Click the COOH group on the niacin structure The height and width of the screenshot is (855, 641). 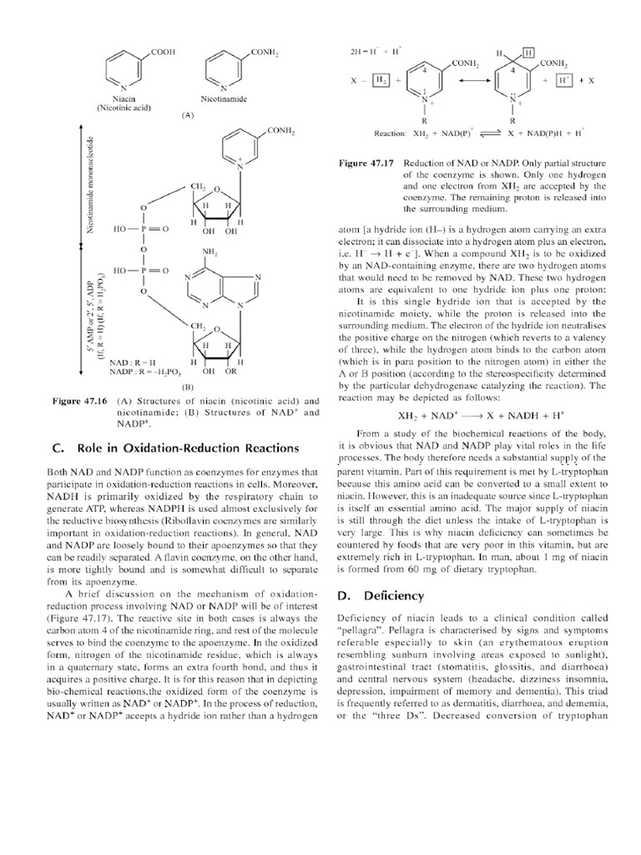pos(164,52)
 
